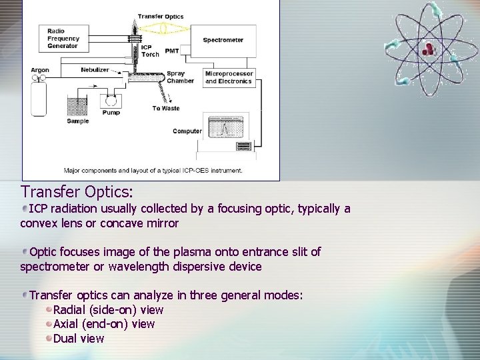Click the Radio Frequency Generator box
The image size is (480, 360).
click(63, 38)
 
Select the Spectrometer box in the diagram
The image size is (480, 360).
click(223, 40)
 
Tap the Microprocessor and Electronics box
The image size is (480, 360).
click(228, 77)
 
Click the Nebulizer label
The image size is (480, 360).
click(95, 69)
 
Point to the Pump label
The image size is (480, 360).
click(111, 113)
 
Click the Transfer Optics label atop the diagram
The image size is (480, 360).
click(160, 16)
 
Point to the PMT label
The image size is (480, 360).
click(172, 51)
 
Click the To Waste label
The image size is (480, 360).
click(166, 108)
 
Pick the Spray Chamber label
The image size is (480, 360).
click(179, 77)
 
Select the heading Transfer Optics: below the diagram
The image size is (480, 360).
click(77, 192)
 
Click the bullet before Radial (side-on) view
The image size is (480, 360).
click(49, 309)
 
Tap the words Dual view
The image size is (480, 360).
click(79, 338)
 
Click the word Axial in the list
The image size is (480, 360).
click(66, 324)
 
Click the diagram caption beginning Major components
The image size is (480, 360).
click(153, 170)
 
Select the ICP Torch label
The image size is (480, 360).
click(149, 51)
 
